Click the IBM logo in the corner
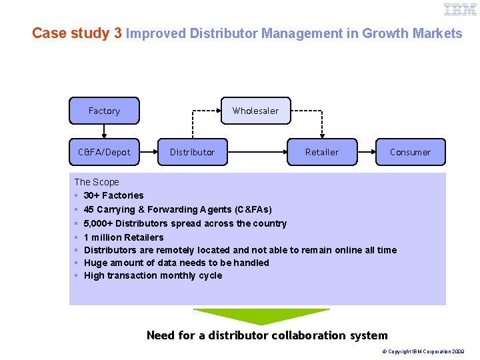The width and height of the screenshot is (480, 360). (x=461, y=9)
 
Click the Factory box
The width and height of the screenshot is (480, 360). (x=104, y=111)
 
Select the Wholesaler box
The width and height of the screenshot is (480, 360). (x=255, y=111)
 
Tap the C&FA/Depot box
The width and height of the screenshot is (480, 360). (x=104, y=152)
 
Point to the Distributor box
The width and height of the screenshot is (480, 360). (x=192, y=152)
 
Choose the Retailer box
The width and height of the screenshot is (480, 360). (x=322, y=152)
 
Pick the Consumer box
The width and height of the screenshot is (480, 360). (x=410, y=152)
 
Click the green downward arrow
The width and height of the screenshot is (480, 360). (x=261, y=315)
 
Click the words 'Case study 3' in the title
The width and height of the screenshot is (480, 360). (x=77, y=33)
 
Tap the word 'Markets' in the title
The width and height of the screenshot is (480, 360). (x=437, y=33)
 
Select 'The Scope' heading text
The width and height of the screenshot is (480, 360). (x=97, y=182)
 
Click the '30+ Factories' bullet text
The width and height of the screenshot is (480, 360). (x=113, y=195)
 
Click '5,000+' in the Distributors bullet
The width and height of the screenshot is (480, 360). (x=98, y=223)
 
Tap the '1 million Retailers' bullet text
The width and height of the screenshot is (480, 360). (x=123, y=237)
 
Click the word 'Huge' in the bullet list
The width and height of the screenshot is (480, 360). (x=95, y=263)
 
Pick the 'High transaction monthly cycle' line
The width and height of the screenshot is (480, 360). (x=153, y=275)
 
